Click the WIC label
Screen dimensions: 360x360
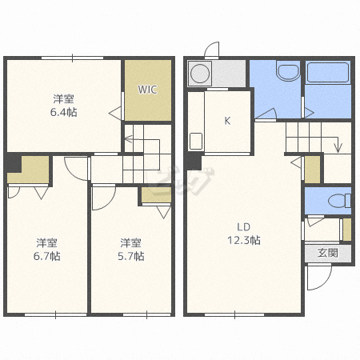tap(147, 90)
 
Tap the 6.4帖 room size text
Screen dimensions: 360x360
tap(64, 112)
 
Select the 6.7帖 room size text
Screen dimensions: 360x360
tap(47, 256)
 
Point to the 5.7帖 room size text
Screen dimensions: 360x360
tap(131, 256)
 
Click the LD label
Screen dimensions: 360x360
tap(244, 227)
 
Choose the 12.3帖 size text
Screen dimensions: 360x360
tap(244, 240)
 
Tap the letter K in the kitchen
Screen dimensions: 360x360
tap(227, 121)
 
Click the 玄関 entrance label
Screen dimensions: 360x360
tap(328, 253)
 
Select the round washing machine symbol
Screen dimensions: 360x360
tap(200, 74)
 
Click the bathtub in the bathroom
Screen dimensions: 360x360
tap(328, 72)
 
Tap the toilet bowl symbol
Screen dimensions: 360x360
tap(339, 201)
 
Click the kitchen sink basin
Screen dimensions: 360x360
tap(196, 141)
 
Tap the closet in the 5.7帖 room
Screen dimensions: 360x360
tap(156, 194)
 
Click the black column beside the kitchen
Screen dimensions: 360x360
tap(194, 161)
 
